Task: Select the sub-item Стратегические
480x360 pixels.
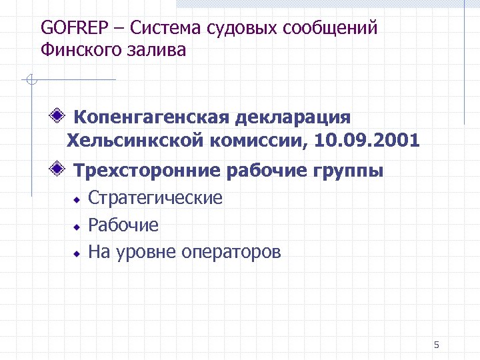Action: click(x=155, y=198)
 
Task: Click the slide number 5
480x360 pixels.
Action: click(x=436, y=345)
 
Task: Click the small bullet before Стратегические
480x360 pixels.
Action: click(x=77, y=199)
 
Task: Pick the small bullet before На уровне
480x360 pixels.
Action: click(x=77, y=253)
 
